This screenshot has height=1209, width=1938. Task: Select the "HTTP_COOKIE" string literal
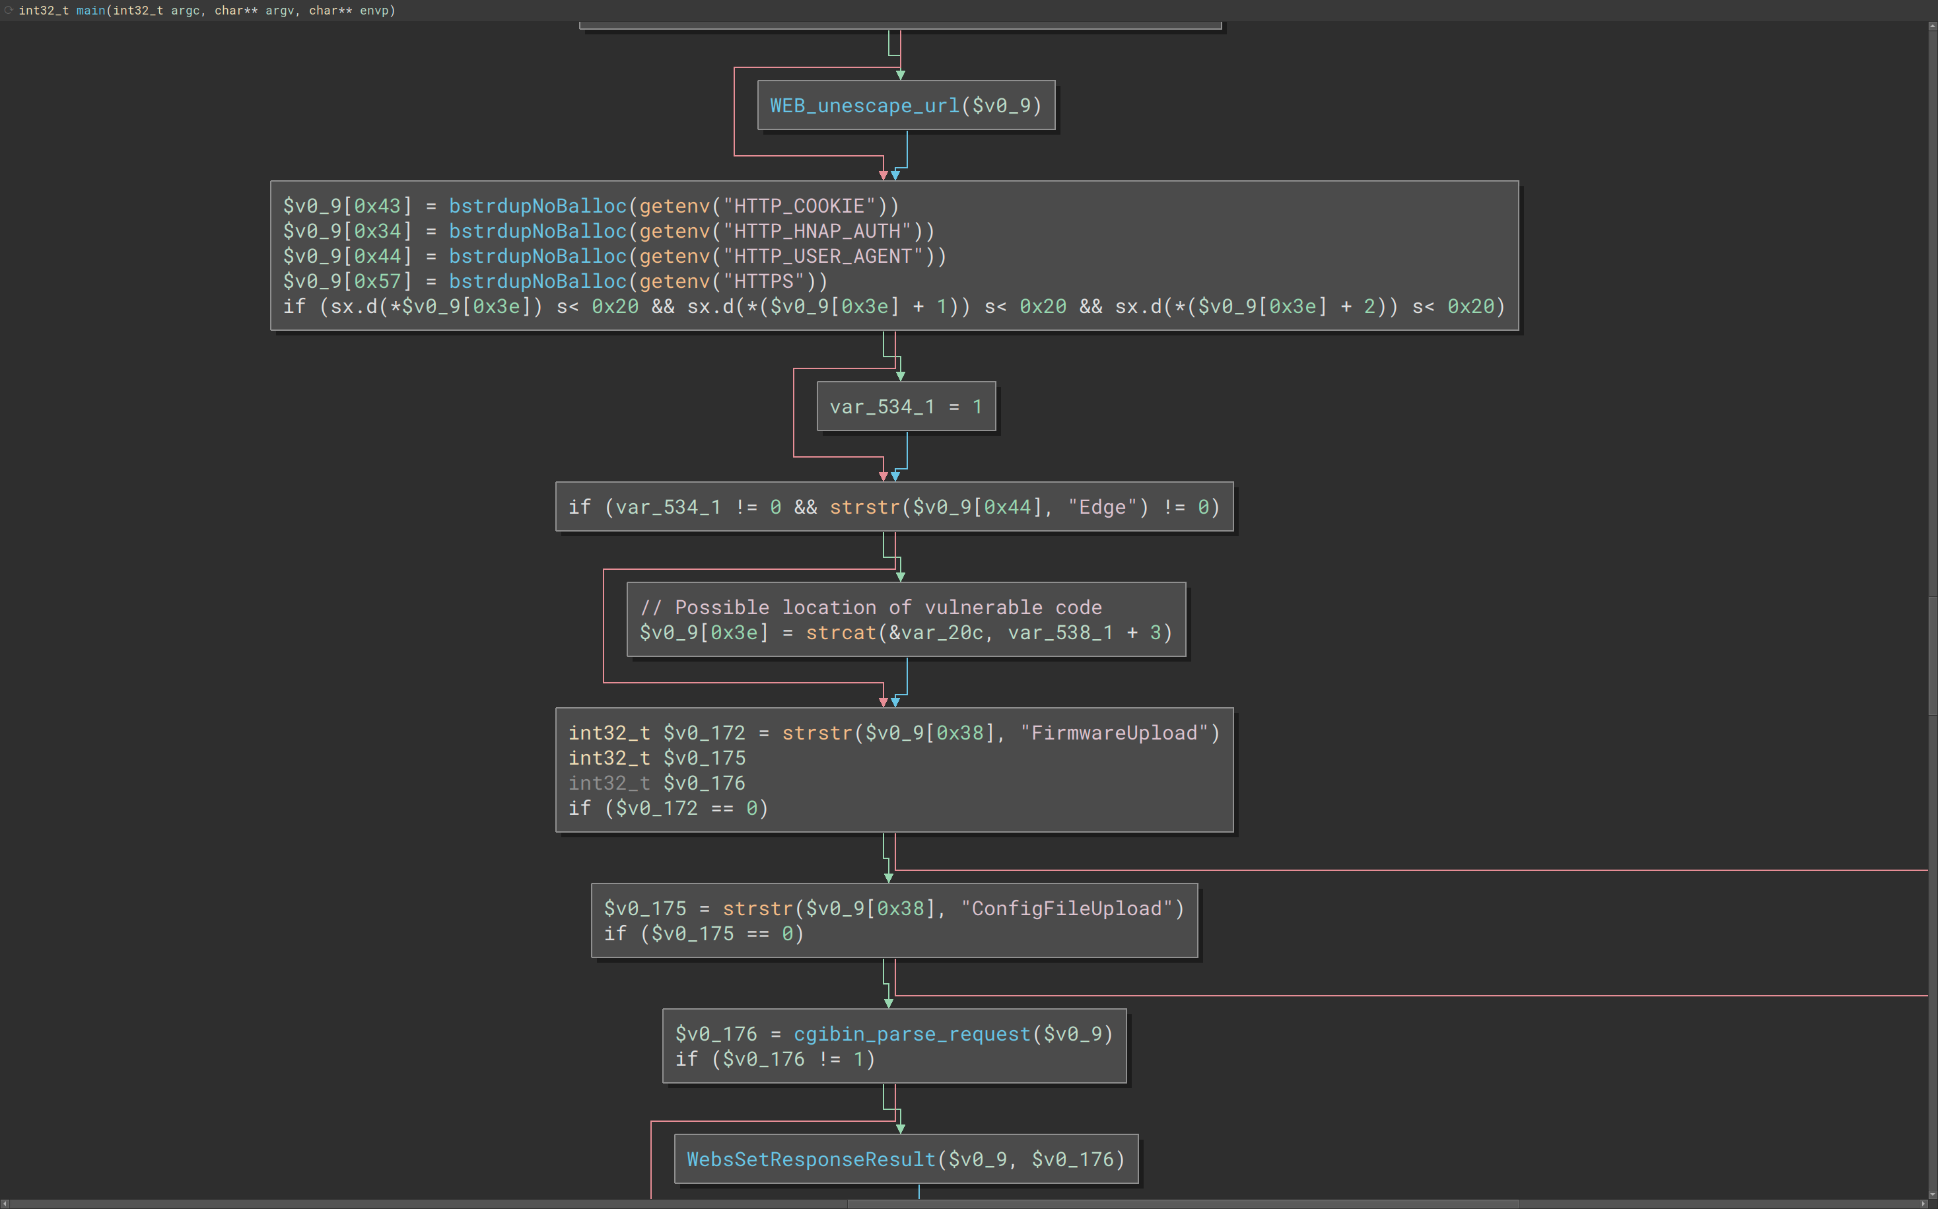click(800, 206)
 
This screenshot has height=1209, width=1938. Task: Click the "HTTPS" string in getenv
click(763, 281)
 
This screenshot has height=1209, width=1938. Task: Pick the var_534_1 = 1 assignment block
click(906, 407)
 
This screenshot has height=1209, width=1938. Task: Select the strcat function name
click(841, 633)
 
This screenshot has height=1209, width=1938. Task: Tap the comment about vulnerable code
click(871, 607)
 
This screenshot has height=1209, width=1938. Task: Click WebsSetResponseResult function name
click(812, 1159)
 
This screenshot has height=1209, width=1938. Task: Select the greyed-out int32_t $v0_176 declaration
click(656, 783)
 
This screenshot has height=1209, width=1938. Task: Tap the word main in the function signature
click(91, 11)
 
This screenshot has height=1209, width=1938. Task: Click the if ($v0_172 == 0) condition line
click(668, 808)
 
